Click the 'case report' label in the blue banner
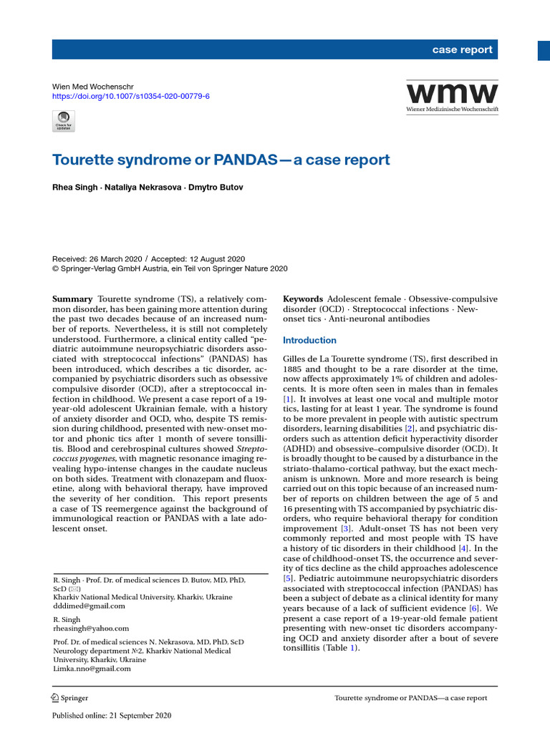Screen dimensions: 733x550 [x=462, y=49]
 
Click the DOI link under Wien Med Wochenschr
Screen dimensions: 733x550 [x=131, y=96]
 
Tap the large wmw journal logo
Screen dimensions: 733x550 [x=452, y=94]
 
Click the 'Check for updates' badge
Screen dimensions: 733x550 [x=64, y=121]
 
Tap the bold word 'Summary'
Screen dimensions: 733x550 [x=72, y=298]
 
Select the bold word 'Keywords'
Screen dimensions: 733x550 [x=303, y=298]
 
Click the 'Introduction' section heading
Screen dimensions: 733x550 [x=309, y=340]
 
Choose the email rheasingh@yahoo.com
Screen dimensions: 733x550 [x=91, y=628]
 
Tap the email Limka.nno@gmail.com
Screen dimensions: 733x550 [x=92, y=669]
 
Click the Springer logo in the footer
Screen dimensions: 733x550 [x=70, y=698]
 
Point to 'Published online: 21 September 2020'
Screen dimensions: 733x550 [x=112, y=715]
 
